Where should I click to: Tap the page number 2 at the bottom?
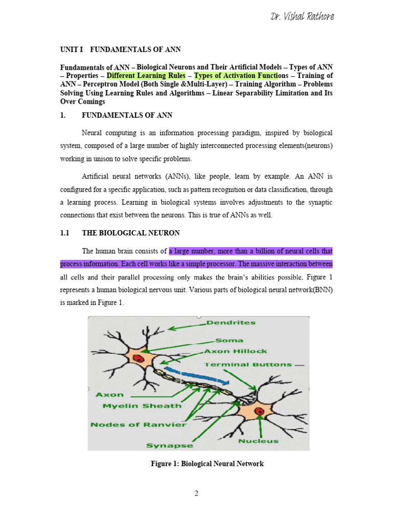click(x=196, y=494)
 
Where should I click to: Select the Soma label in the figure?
click(x=229, y=339)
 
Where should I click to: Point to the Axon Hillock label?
click(x=235, y=351)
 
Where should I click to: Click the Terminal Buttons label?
click(x=248, y=365)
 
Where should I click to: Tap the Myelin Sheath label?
click(x=135, y=406)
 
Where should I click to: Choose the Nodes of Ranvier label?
click(x=139, y=425)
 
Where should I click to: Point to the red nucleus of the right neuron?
click(x=259, y=411)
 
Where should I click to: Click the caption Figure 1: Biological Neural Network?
click(x=207, y=464)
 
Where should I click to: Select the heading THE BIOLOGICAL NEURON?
click(x=130, y=233)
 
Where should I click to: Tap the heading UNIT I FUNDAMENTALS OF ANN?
click(x=120, y=49)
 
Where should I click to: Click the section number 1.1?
click(x=64, y=233)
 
